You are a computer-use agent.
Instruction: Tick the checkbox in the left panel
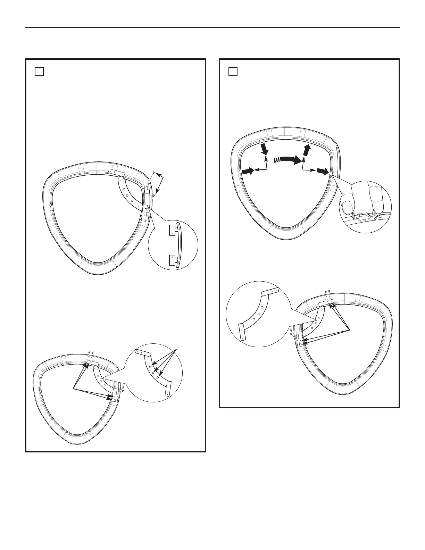(39, 72)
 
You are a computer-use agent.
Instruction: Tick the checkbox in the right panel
(233, 72)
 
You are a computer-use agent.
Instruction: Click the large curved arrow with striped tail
(289, 160)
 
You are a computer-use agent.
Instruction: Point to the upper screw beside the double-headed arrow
(154, 173)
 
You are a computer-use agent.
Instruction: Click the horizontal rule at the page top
(212, 27)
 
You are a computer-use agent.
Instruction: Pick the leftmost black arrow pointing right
(247, 170)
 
